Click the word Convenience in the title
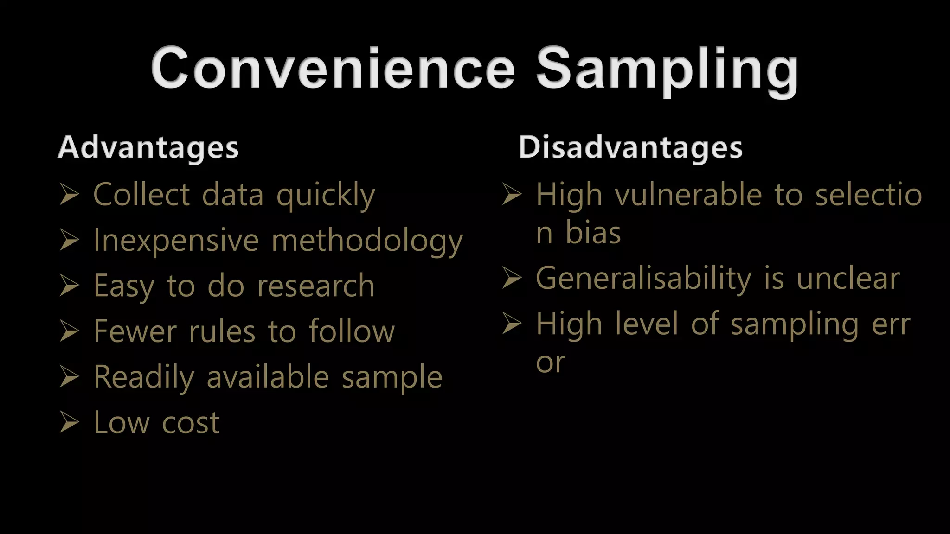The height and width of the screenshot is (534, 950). pyautogui.click(x=333, y=69)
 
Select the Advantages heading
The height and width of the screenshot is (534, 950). pyautogui.click(x=148, y=147)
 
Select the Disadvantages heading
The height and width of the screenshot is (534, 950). pyautogui.click(x=630, y=147)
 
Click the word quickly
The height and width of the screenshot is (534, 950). pyautogui.click(x=326, y=195)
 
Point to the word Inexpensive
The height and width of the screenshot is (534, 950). pyautogui.click(x=176, y=241)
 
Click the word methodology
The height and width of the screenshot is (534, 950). pyautogui.click(x=367, y=241)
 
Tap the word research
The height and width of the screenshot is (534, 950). pyautogui.click(x=316, y=286)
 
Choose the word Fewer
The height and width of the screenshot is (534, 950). pyautogui.click(x=135, y=332)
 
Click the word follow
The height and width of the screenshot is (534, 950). pyautogui.click(x=352, y=332)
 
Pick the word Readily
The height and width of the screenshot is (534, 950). pyautogui.click(x=143, y=377)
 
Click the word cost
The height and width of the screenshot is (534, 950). pyautogui.click(x=191, y=423)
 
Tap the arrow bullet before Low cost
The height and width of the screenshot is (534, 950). pyautogui.click(x=70, y=422)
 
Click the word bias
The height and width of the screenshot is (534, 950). pyautogui.click(x=593, y=233)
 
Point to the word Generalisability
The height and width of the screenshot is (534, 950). pyautogui.click(x=643, y=279)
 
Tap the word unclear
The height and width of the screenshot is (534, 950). pyautogui.click(x=848, y=279)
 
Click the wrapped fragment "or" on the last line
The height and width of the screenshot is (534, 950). pyautogui.click(x=551, y=362)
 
